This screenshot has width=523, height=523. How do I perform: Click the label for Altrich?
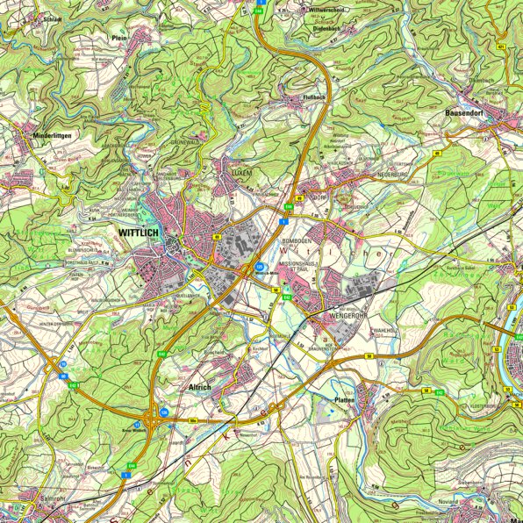(x=200, y=385)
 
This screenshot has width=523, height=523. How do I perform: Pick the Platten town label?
(x=343, y=399)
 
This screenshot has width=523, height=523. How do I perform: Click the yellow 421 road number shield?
(x=500, y=46)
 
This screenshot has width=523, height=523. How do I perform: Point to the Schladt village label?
(x=52, y=18)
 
